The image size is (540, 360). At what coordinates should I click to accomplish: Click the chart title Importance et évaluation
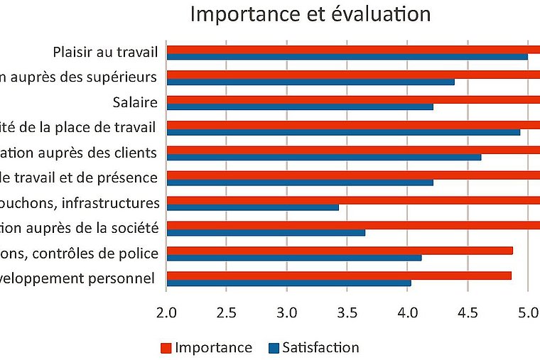[310, 14]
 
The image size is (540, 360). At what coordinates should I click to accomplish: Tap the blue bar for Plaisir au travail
[347, 57]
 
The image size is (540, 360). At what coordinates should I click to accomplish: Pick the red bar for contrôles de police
[339, 250]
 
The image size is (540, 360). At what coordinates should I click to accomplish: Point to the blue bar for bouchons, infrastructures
[252, 207]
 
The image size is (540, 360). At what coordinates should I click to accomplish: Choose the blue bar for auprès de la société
[266, 232]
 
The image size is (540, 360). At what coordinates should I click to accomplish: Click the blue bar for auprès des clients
[323, 157]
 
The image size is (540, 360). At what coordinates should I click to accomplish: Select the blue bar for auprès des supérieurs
[310, 82]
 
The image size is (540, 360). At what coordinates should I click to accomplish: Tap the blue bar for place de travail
[343, 131]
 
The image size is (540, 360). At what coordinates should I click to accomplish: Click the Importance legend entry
[206, 348]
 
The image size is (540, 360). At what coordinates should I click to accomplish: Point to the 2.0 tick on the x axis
[166, 310]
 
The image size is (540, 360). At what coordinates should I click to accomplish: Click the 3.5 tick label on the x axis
[347, 310]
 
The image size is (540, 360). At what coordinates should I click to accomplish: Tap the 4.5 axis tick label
[468, 310]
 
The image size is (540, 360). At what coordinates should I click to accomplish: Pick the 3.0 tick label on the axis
[286, 310]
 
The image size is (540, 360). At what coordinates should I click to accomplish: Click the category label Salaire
[134, 102]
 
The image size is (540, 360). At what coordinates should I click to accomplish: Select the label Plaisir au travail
[105, 52]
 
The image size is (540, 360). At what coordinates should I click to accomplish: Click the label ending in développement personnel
[77, 278]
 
